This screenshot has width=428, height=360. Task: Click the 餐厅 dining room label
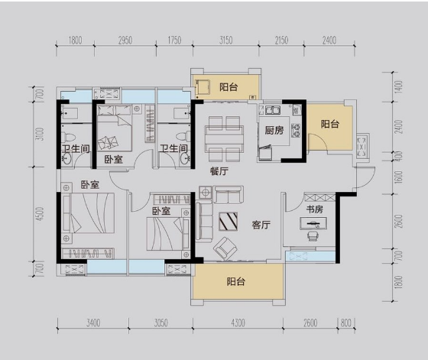pyautogui.click(x=219, y=171)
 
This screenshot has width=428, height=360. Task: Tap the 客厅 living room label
pyautogui.click(x=261, y=225)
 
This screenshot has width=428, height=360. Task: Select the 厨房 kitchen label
pyautogui.click(x=274, y=130)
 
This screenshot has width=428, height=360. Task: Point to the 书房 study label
pyautogui.click(x=314, y=209)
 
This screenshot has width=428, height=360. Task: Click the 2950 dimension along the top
pyautogui.click(x=125, y=41)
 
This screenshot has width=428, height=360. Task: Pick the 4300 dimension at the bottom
pyautogui.click(x=238, y=323)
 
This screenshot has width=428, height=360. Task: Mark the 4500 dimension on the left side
pyautogui.click(x=40, y=214)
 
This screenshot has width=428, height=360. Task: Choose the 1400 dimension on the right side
pyautogui.click(x=398, y=87)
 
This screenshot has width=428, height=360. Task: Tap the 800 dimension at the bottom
pyautogui.click(x=345, y=323)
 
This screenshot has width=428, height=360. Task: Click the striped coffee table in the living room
pyautogui.click(x=229, y=221)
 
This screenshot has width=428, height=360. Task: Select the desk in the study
pyautogui.click(x=313, y=223)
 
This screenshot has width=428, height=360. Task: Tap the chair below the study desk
pyautogui.click(x=313, y=236)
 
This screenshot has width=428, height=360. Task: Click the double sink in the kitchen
pyautogui.click(x=273, y=110)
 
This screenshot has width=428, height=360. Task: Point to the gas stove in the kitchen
pyautogui.click(x=296, y=131)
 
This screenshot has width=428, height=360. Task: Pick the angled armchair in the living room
pyautogui.click(x=225, y=248)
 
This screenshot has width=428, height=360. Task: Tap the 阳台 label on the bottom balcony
pyautogui.click(x=236, y=281)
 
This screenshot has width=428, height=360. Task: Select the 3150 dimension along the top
pyautogui.click(x=226, y=41)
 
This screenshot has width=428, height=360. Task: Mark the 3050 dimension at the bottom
pyautogui.click(x=160, y=323)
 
